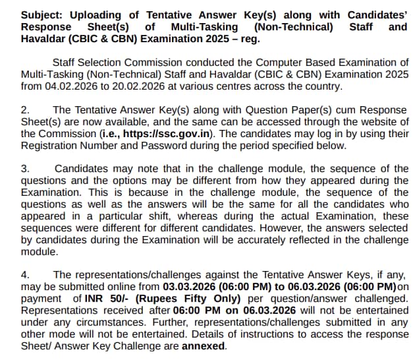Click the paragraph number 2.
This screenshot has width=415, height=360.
(x=24, y=110)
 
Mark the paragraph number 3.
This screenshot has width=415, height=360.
(x=24, y=169)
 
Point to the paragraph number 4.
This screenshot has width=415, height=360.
(x=24, y=275)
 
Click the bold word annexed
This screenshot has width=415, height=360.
(x=204, y=346)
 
